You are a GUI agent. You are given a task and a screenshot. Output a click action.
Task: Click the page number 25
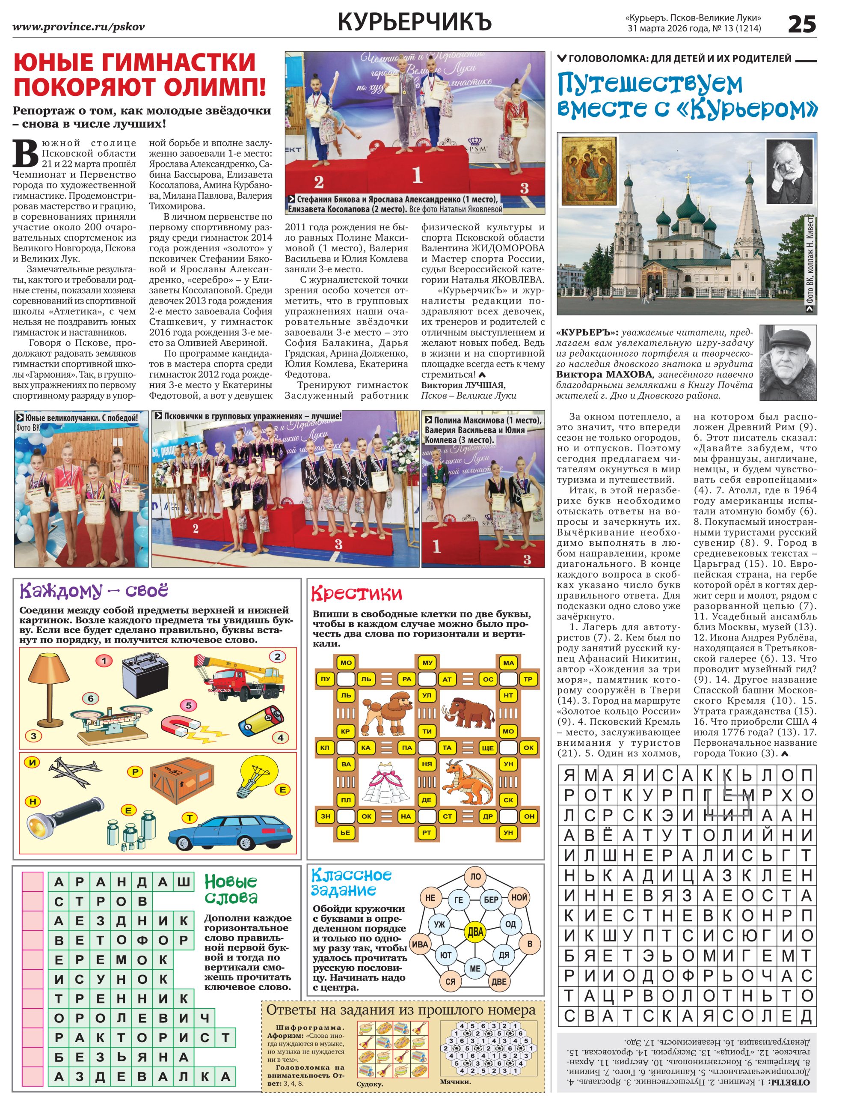point(801,24)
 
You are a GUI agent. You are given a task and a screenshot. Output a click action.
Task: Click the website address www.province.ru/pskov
point(79,27)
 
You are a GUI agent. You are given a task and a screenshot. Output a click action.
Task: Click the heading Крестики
point(356,594)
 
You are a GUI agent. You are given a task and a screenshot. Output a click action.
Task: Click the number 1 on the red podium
point(417,175)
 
